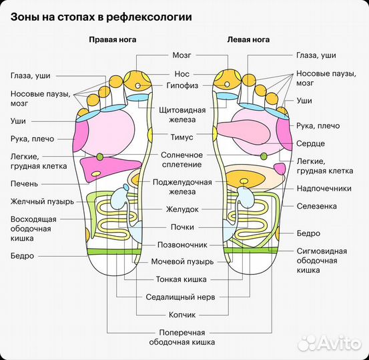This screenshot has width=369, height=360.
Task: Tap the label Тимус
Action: pyautogui.click(x=181, y=137)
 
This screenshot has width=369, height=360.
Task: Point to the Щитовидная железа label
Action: pyautogui.click(x=181, y=114)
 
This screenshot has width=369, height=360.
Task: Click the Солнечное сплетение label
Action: pyautogui.click(x=181, y=159)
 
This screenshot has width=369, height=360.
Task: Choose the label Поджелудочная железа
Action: pyautogui.click(x=181, y=187)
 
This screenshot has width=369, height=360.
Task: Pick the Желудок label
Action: pyautogui.click(x=181, y=209)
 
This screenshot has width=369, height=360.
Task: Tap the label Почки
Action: pyautogui.click(x=181, y=227)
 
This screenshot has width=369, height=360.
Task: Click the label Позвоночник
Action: pyautogui.click(x=181, y=245)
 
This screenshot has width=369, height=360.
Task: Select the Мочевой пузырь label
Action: pyautogui.click(x=181, y=262)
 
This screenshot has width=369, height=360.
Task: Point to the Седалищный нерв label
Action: pyautogui.click(x=181, y=296)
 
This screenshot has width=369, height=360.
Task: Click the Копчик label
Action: pyautogui.click(x=181, y=313)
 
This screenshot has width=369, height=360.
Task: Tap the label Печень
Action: pyautogui.click(x=24, y=183)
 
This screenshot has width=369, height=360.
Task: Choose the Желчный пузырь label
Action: pyautogui.click(x=37, y=201)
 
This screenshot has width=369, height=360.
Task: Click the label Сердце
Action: pyautogui.click(x=311, y=143)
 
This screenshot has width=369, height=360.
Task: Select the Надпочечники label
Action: pyautogui.click(x=324, y=189)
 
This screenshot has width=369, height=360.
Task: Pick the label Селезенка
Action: pyautogui.click(x=318, y=207)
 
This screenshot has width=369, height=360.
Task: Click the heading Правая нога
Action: pyautogui.click(x=113, y=39)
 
